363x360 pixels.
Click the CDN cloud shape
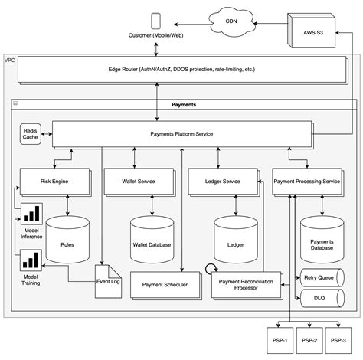pyautogui.click(x=232, y=22)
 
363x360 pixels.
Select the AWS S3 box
pyautogui.click(x=311, y=31)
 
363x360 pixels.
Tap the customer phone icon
pyautogui.click(x=155, y=21)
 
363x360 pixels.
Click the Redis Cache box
pyautogui.click(x=31, y=134)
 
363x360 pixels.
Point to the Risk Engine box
pyautogui.click(x=55, y=182)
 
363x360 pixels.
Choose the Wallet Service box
pyautogui.click(x=139, y=182)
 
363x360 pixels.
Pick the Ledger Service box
pyautogui.click(x=224, y=182)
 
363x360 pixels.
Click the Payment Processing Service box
pyautogui.click(x=308, y=182)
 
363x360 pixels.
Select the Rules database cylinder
pyautogui.click(x=67, y=240)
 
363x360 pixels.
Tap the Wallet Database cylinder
pyautogui.click(x=152, y=240)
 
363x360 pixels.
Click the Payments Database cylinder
pyautogui.click(x=322, y=240)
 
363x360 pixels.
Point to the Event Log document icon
pyautogui.click(x=108, y=281)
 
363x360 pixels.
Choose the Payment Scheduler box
pyautogui.click(x=166, y=286)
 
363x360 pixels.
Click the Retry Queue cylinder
pyautogui.click(x=322, y=277)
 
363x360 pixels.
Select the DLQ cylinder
pyautogui.click(x=322, y=298)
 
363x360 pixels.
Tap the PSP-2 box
pyautogui.click(x=309, y=340)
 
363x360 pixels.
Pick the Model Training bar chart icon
pyautogui.click(x=31, y=260)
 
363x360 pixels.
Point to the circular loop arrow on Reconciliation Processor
pyautogui.click(x=211, y=269)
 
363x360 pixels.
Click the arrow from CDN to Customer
pyautogui.click(x=192, y=25)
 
